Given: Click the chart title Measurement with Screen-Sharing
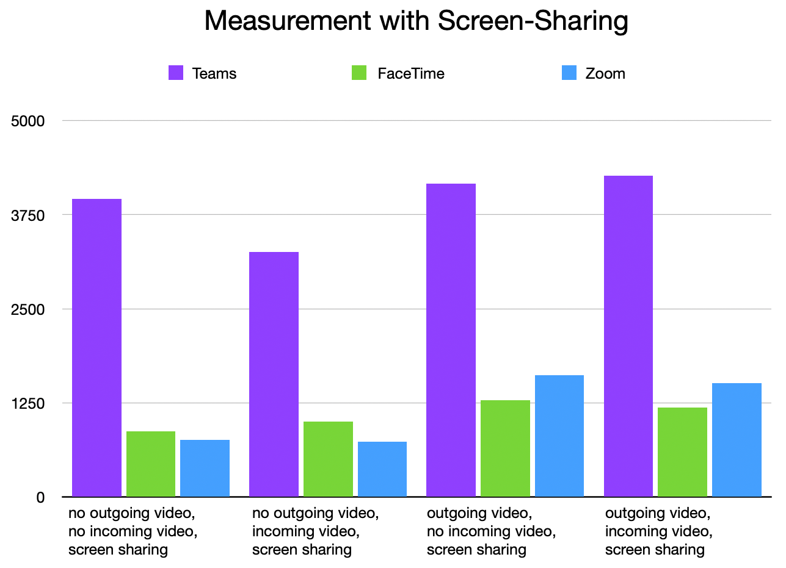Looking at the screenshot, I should [416, 21].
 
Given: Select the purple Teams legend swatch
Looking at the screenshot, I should [176, 73].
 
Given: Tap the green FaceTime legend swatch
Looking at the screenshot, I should [358, 73].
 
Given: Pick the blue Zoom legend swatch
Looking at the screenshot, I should [569, 73].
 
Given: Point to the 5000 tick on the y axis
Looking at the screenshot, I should [28, 121].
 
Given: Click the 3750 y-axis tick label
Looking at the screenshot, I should [28, 215].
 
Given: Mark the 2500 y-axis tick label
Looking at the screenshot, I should [28, 309].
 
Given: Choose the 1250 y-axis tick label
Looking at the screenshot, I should [28, 403].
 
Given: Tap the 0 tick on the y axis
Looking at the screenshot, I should [40, 497].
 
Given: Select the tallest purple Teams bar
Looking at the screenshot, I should [628, 336].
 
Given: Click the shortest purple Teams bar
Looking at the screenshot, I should [274, 374].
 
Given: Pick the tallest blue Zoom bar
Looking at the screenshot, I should [559, 436].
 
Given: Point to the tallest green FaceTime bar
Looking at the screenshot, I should [505, 448].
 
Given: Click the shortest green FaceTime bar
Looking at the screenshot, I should [150, 464].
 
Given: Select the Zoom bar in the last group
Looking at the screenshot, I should [737, 440].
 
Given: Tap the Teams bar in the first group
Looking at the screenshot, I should [96, 348].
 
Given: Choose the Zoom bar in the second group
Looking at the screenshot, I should [382, 469].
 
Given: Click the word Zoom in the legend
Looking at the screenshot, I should [605, 74].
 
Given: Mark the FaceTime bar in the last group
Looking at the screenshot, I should [682, 452].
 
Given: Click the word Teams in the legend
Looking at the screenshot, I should [214, 74].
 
